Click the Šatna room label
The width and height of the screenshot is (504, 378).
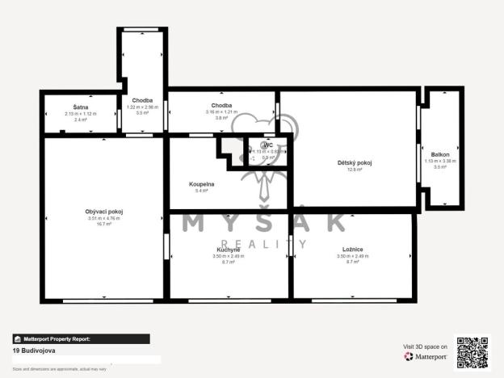[80, 107]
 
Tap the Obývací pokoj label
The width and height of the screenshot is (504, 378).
[104, 212]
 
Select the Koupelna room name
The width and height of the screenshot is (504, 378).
[201, 184]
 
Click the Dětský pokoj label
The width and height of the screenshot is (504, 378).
[354, 162]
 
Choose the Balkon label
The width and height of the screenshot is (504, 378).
[440, 154]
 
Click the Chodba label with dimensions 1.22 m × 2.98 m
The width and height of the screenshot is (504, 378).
[142, 100]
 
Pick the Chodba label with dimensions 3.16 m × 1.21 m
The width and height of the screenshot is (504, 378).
[222, 106]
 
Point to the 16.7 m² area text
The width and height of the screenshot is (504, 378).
[104, 224]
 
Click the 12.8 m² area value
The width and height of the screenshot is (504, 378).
[354, 170]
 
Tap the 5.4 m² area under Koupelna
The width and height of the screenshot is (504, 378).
[201, 191]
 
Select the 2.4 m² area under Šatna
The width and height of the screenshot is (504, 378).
[80, 120]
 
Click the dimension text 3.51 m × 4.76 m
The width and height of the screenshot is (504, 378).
[104, 218]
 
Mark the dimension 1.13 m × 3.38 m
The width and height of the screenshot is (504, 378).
[440, 161]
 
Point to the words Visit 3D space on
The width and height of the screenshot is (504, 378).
[425, 346]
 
